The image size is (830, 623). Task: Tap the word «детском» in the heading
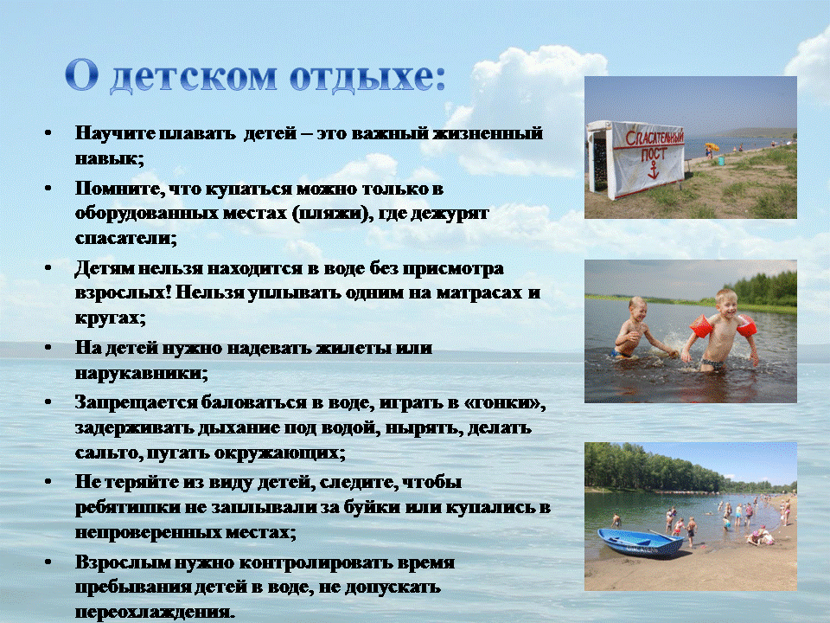(x=193, y=77)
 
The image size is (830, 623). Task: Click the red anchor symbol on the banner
(x=654, y=170)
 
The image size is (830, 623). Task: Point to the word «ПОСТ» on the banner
(x=654, y=154)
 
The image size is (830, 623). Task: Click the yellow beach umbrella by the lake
(x=712, y=146)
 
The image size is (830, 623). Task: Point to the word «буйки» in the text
(x=372, y=507)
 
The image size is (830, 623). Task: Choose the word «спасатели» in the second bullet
(x=124, y=239)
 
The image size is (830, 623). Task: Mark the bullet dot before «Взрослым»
(x=48, y=562)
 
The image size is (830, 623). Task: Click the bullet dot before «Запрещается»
(x=48, y=402)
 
